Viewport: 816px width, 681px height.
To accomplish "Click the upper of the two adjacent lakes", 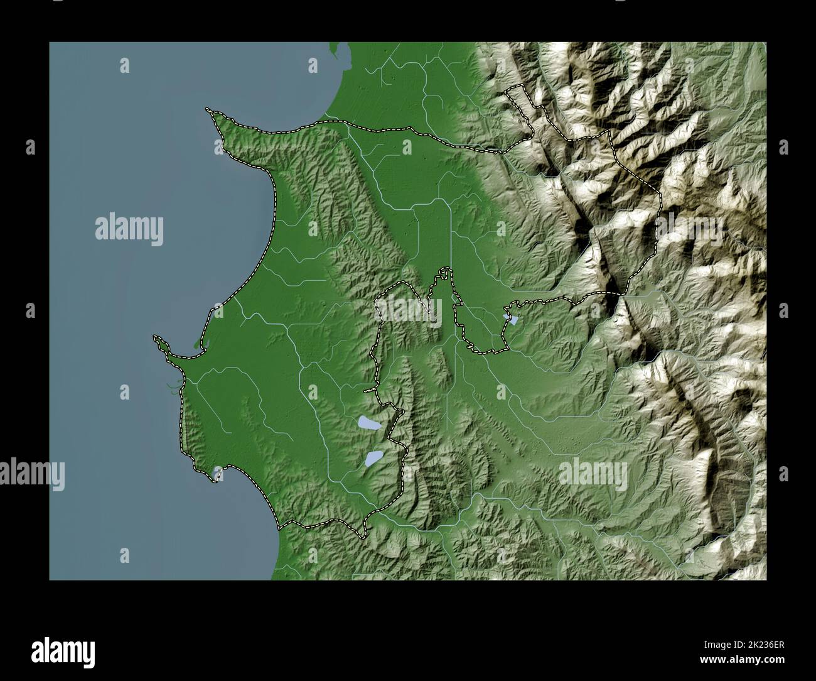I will (368, 425).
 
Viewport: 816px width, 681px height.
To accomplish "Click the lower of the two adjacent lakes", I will (374, 459).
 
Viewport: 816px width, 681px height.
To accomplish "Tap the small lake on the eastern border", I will (513, 320).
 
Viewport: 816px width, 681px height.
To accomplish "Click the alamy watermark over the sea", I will (129, 229).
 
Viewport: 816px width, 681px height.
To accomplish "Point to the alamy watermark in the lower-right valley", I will (593, 472).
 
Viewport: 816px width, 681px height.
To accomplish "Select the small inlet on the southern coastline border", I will (218, 474).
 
